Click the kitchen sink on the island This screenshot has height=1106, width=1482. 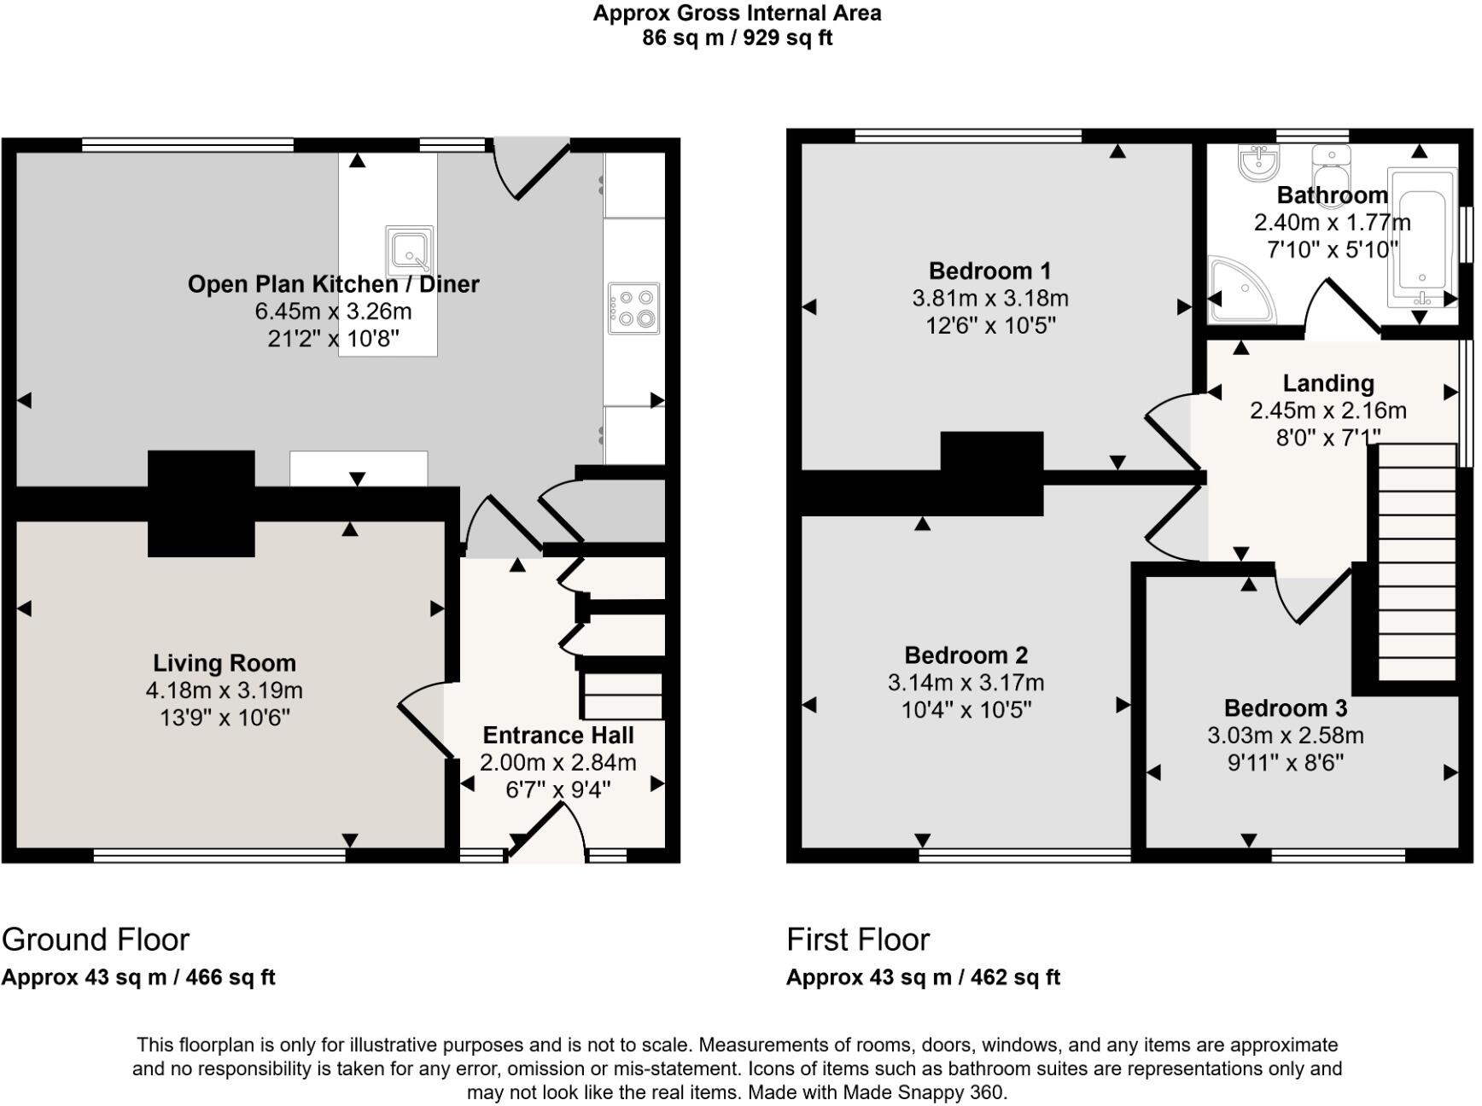click(410, 249)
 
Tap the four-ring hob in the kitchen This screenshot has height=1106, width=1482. click(633, 308)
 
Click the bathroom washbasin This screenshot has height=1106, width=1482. click(1259, 163)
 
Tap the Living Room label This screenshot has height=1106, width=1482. click(225, 663)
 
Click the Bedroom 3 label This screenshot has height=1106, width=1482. click(1285, 708)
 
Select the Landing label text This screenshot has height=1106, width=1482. click(1327, 383)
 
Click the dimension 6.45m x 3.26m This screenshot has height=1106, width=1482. click(333, 311)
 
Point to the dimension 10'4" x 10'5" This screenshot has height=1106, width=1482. click(966, 710)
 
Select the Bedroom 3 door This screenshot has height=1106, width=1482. click(1315, 593)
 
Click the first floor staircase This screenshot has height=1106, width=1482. click(1417, 563)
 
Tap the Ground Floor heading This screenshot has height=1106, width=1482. click(96, 940)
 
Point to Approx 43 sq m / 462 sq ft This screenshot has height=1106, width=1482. click(923, 978)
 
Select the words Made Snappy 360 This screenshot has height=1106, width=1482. click(925, 1092)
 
